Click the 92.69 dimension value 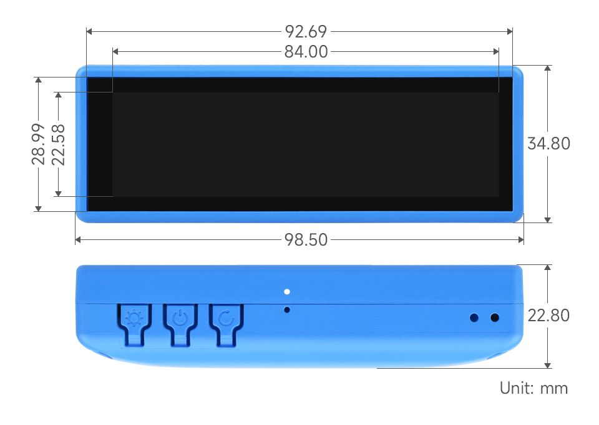click(306, 31)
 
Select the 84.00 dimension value click(306, 52)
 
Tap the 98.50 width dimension click(306, 239)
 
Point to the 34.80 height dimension click(548, 144)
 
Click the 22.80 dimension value click(548, 316)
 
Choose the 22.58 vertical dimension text click(58, 144)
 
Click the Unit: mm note click(533, 388)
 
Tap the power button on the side click(180, 320)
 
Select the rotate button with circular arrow click(226, 320)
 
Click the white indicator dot click(286, 291)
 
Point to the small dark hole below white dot click(286, 309)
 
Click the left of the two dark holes click(474, 317)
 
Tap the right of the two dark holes click(495, 317)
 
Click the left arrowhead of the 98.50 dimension click(78, 239)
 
